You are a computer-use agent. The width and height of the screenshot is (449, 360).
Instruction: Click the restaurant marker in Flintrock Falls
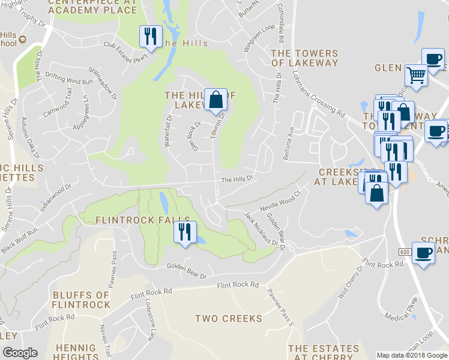coord(184,232)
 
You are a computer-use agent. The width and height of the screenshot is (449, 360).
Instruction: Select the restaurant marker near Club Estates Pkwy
coord(150,36)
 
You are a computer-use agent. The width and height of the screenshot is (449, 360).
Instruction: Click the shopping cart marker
coord(415,76)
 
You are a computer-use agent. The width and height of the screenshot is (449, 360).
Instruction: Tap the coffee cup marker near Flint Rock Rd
coord(423,253)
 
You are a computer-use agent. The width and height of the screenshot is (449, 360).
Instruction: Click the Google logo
coord(20,353)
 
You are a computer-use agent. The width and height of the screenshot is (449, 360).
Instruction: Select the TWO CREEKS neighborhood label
coord(229,318)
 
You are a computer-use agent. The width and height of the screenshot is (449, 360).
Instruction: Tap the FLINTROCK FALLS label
coord(142,220)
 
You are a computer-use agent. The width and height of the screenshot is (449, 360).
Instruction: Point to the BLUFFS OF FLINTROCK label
coord(81,299)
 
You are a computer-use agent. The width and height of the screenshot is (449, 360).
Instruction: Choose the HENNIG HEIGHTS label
coord(75,352)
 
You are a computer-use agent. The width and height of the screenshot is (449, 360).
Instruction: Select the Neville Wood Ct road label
coord(280,201)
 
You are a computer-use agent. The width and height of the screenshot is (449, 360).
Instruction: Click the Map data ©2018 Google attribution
coord(412,355)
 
